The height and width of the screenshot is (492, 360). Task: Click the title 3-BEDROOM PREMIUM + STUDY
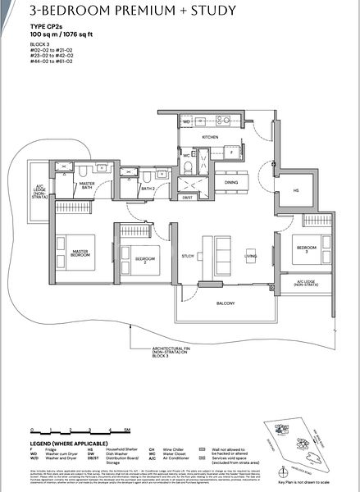tap(121, 11)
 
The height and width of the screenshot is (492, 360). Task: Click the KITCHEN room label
tap(210, 137)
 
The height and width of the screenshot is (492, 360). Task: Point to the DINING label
tap(231, 183)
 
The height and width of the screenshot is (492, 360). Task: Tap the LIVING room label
tap(250, 256)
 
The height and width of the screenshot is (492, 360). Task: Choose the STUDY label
tap(188, 256)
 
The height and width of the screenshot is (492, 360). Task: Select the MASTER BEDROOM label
tap(80, 253)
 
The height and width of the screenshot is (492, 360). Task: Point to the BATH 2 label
tap(148, 189)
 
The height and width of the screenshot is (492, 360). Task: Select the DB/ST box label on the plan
tap(187, 198)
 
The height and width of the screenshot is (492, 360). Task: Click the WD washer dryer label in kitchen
tap(187, 121)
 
